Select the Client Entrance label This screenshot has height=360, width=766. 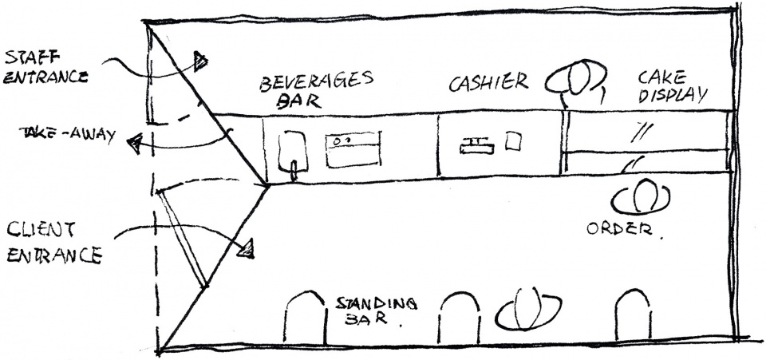pos(53,243)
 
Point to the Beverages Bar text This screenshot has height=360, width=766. pos(318,90)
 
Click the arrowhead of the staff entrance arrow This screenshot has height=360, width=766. pos(199,60)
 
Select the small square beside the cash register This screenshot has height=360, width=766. pos(514,141)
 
